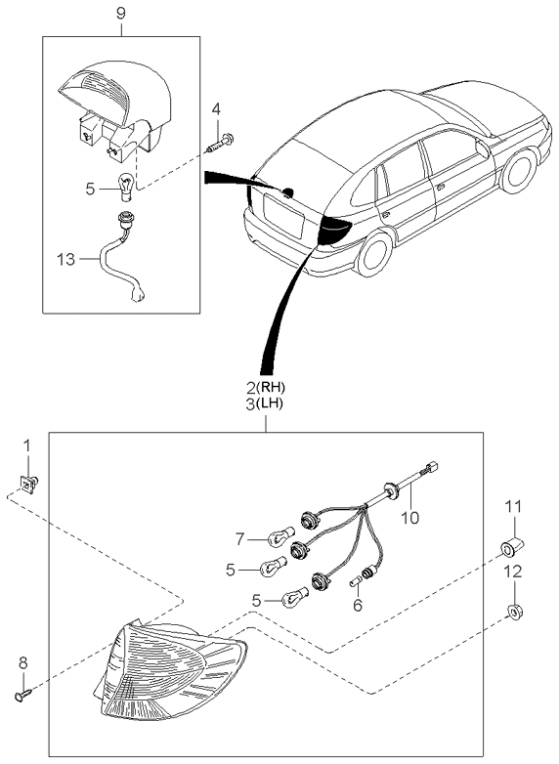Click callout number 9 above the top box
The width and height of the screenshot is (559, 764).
[120, 15]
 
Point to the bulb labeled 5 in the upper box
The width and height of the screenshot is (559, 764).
[124, 183]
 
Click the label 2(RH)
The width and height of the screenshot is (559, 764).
[266, 387]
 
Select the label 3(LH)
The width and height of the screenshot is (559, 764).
[266, 403]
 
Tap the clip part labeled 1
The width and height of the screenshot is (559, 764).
[28, 482]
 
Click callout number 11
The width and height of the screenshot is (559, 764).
[513, 506]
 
